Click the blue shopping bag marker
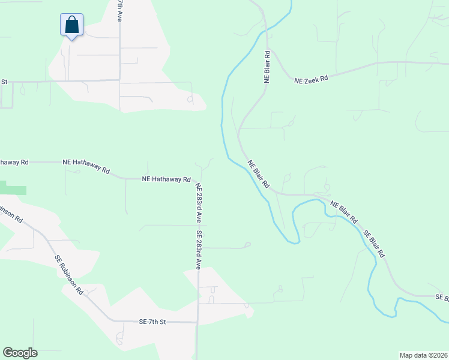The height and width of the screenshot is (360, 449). point(71,25)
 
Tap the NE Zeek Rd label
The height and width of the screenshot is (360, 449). point(311,79)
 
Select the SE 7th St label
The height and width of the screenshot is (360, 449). point(151,322)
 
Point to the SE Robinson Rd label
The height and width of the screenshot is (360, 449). point(70,275)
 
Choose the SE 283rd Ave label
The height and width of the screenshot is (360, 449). point(199,248)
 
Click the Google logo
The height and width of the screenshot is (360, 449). point(20,353)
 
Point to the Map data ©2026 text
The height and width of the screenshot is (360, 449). point(424,355)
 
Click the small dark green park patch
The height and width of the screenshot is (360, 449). point(13,190)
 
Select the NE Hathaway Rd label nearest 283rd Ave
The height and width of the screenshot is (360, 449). point(166,179)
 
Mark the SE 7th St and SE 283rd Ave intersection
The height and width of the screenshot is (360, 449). point(198,322)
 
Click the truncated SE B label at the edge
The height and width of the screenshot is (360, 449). point(441,297)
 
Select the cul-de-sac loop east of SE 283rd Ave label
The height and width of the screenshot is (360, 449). point(247,245)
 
